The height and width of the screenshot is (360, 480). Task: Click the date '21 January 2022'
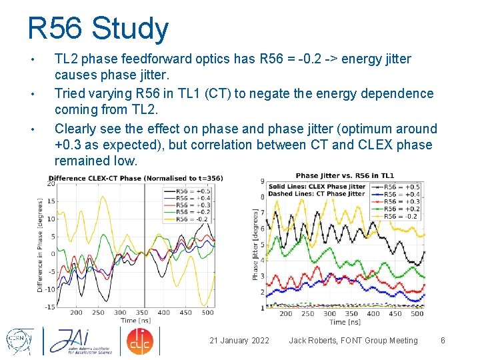coord(239,341)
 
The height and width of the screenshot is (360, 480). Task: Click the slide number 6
coord(443,341)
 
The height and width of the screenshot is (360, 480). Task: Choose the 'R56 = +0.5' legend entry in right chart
coord(401,187)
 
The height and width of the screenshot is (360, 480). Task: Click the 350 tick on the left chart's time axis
coord(142,312)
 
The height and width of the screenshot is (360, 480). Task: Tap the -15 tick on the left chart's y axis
coord(50,307)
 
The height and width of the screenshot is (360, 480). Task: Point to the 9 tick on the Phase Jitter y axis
coord(263,181)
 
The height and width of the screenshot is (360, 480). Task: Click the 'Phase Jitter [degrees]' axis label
coord(255,243)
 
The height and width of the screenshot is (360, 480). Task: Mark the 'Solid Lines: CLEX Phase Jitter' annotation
coord(307,186)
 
